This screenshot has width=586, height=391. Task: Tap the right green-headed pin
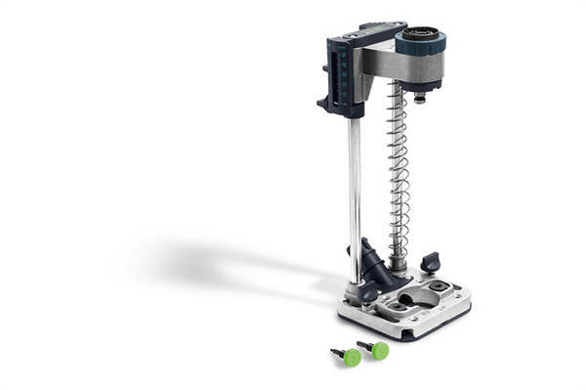tap(378, 350)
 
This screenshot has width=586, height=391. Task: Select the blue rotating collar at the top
tap(421, 43)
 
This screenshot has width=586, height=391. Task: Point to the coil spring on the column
tap(398, 166)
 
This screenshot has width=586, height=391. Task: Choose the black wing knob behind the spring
tap(430, 261)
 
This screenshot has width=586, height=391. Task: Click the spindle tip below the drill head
tap(419, 98)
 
